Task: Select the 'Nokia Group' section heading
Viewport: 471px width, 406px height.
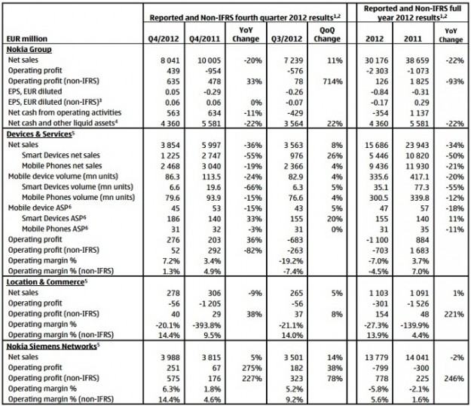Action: [x=29, y=46]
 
